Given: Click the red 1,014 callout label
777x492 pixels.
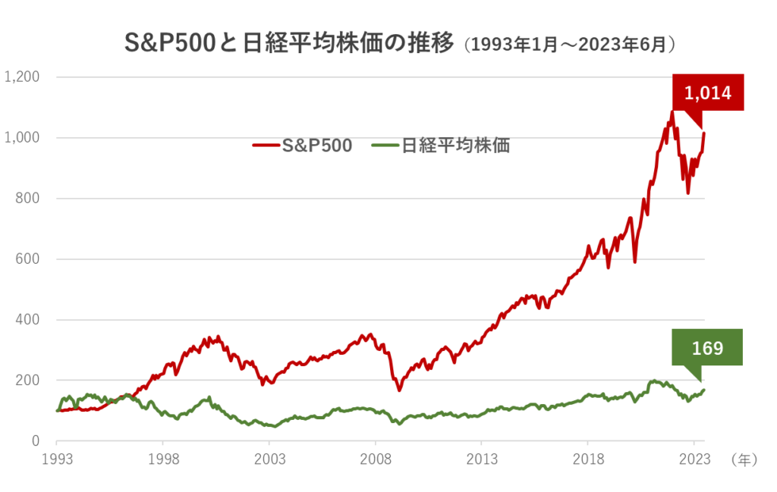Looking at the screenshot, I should pos(707,93).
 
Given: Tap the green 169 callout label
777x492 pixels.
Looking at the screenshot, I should pos(707,348).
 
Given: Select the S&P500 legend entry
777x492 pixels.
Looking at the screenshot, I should pos(304,146).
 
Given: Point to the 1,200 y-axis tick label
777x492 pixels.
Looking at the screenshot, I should pos(21,77).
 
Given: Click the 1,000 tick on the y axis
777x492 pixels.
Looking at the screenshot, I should pos(21,137).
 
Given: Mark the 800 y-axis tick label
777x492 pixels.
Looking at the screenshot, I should pos(28,198).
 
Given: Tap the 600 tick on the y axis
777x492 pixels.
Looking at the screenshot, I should pos(28,259).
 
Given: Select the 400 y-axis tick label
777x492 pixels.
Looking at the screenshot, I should pos(28,319).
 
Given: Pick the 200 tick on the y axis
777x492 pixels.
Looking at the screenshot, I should pos(28,380).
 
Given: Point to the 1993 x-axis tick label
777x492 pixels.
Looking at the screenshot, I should pos(57,459).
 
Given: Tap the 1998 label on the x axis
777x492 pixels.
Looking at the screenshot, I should pos(163,459).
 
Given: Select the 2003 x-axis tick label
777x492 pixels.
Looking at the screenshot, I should pos(269,459).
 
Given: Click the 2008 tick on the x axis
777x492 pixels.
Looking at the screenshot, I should pos(376,459).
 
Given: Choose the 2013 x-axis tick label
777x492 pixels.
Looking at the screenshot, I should pos(482,459).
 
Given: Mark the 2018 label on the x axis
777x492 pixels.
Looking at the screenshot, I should pos(588,459).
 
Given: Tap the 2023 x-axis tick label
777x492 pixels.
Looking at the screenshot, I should pos(694,459).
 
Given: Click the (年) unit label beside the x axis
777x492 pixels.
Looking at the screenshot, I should pos(744,459).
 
